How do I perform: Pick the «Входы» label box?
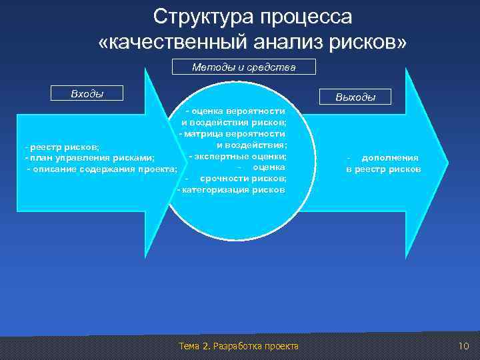click(87, 93)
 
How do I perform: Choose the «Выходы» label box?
click(355, 97)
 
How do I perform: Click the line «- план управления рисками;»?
click(89, 158)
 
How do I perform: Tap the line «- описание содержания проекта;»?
click(102, 169)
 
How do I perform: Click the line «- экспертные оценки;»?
click(237, 156)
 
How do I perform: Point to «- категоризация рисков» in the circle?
click(231, 190)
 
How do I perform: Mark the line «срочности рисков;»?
click(243, 179)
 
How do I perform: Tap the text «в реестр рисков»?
click(383, 169)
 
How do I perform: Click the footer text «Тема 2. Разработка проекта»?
click(239, 345)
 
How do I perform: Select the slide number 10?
click(464, 345)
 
